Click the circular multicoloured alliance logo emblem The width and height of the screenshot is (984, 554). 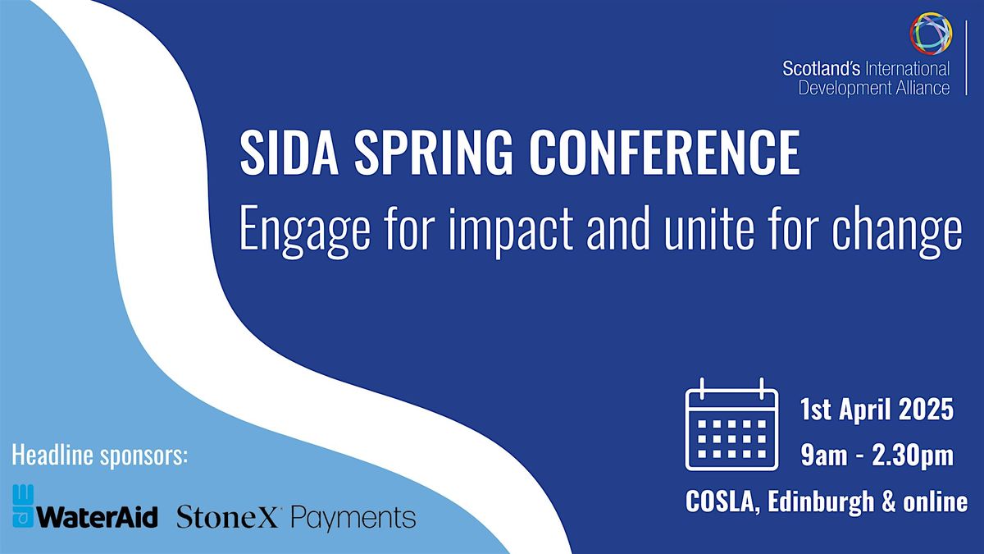(931, 34)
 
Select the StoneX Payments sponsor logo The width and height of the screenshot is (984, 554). (296, 518)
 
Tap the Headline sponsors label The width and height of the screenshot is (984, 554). (99, 455)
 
